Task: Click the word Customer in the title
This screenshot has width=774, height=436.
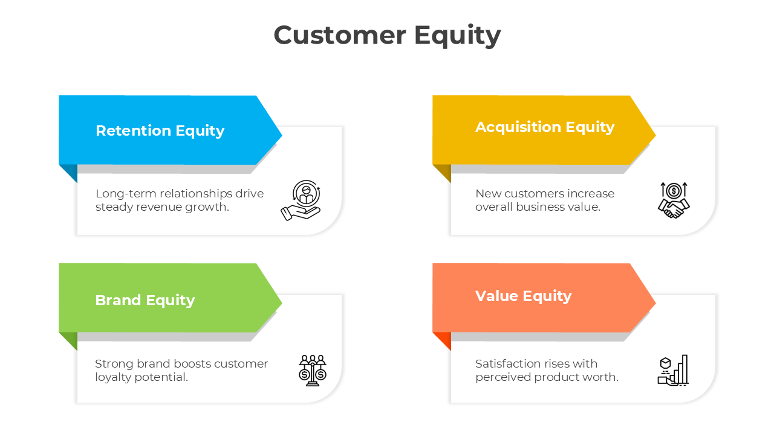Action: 339,35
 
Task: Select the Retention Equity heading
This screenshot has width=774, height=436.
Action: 160,131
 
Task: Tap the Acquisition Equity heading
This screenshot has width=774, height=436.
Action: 544,127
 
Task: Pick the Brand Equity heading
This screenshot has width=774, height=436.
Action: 145,300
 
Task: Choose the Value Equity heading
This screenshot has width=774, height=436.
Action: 523,296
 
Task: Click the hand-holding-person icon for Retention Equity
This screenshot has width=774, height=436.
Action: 301,200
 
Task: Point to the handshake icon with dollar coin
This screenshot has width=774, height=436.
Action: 674,200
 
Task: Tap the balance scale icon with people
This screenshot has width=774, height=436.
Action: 312,370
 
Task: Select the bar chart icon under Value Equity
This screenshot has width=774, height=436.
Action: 673,370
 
